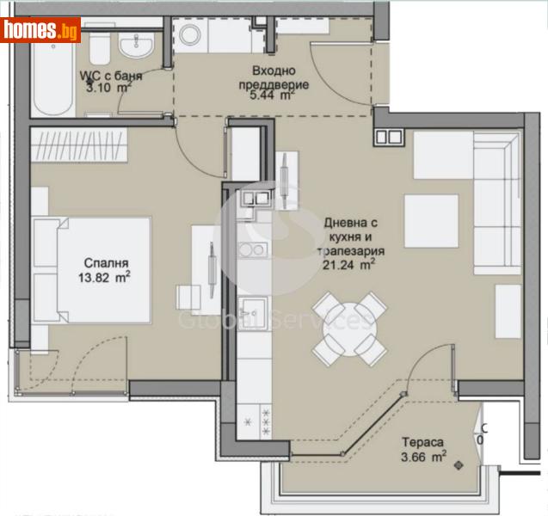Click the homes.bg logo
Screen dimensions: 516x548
pos(40,30)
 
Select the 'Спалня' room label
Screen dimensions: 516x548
pos(107,262)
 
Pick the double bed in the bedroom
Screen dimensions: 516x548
pos(90,269)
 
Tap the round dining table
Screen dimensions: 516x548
pos(349,329)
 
